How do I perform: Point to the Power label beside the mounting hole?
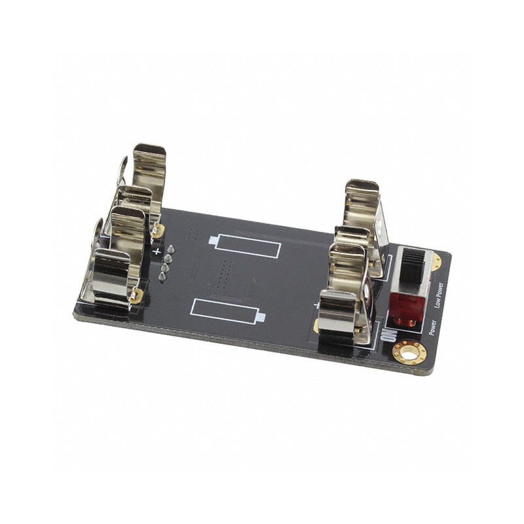[x=433, y=326]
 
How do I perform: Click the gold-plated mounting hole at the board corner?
[x=410, y=354]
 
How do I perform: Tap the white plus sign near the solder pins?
[x=156, y=250]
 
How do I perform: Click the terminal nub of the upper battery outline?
[x=213, y=240]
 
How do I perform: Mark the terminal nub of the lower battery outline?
[x=260, y=318]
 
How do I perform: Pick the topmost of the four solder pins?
[x=170, y=250]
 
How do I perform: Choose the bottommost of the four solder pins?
[x=161, y=278]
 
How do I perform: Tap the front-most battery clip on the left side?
[x=111, y=275]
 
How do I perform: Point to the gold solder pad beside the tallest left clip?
[x=158, y=230]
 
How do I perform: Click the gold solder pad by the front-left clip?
[x=136, y=296]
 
